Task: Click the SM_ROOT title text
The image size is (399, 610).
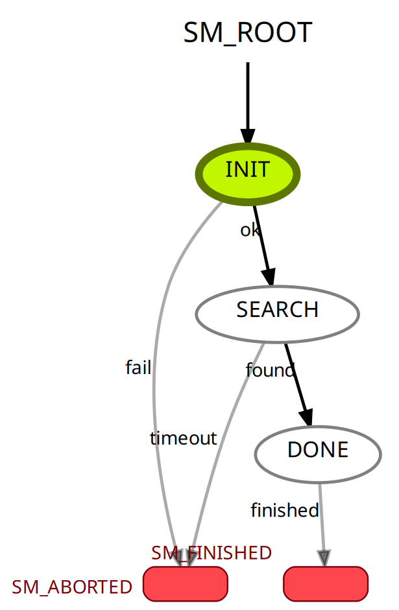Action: pos(247,32)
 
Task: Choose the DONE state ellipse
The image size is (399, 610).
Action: pos(317,453)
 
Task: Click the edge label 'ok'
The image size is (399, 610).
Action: pos(249,230)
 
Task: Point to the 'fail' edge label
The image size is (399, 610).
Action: pos(138,368)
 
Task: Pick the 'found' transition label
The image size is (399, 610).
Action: pos(270,370)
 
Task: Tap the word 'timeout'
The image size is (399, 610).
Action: pos(183,438)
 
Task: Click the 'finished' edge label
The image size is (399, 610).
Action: pos(285,511)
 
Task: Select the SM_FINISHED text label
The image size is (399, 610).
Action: pos(212,553)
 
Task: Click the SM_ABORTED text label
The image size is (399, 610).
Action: pos(72,587)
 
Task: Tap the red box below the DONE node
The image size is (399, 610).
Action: pos(326,583)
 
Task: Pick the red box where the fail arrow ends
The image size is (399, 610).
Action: pos(186,583)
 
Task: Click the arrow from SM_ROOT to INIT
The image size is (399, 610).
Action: pos(247,97)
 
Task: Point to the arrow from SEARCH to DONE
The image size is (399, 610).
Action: pos(298,382)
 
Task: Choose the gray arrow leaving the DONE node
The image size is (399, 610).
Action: pos(321,519)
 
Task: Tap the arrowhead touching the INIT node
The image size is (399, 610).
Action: pos(247,135)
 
